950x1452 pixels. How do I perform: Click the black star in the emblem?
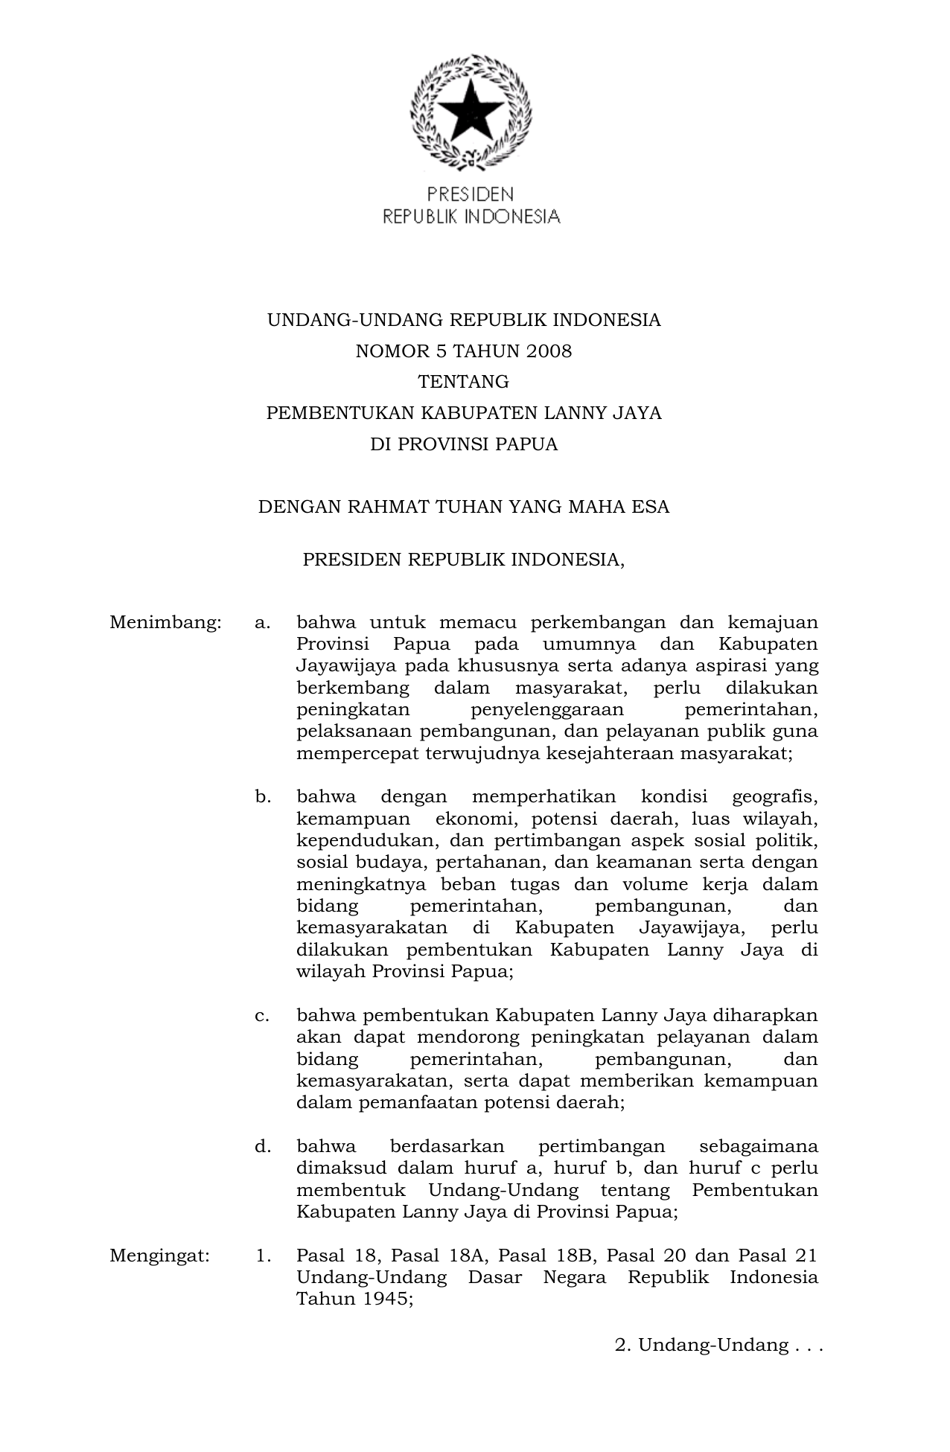[x=470, y=111]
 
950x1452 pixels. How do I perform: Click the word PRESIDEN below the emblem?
[x=470, y=195]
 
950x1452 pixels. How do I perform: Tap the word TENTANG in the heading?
[x=464, y=383]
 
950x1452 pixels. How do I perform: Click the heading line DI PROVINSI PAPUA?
[x=464, y=445]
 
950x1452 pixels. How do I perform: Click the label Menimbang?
[x=165, y=622]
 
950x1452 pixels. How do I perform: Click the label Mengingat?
[x=159, y=1256]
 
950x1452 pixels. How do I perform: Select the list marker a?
[x=262, y=622]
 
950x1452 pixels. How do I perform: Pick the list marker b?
[x=262, y=798]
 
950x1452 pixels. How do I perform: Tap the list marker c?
[x=262, y=1016]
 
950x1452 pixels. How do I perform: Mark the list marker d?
[x=262, y=1147]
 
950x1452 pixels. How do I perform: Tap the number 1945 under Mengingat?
[x=378, y=1299]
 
